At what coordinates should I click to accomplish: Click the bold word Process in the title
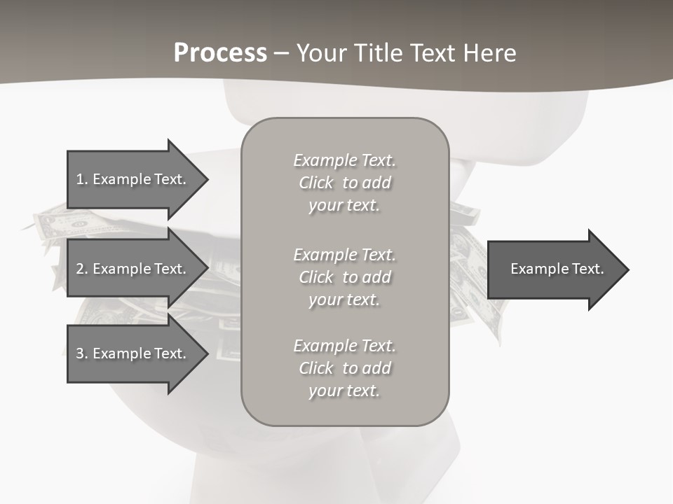[x=220, y=53]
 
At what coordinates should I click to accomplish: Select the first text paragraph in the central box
[x=344, y=183]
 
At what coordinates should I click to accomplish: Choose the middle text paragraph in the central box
[x=344, y=277]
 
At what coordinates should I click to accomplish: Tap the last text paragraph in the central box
[x=344, y=368]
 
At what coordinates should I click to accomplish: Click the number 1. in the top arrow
[x=82, y=179]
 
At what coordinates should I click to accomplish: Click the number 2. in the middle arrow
[x=82, y=269]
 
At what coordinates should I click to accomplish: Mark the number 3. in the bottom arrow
[x=82, y=353]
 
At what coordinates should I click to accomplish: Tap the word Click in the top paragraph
[x=316, y=183]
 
